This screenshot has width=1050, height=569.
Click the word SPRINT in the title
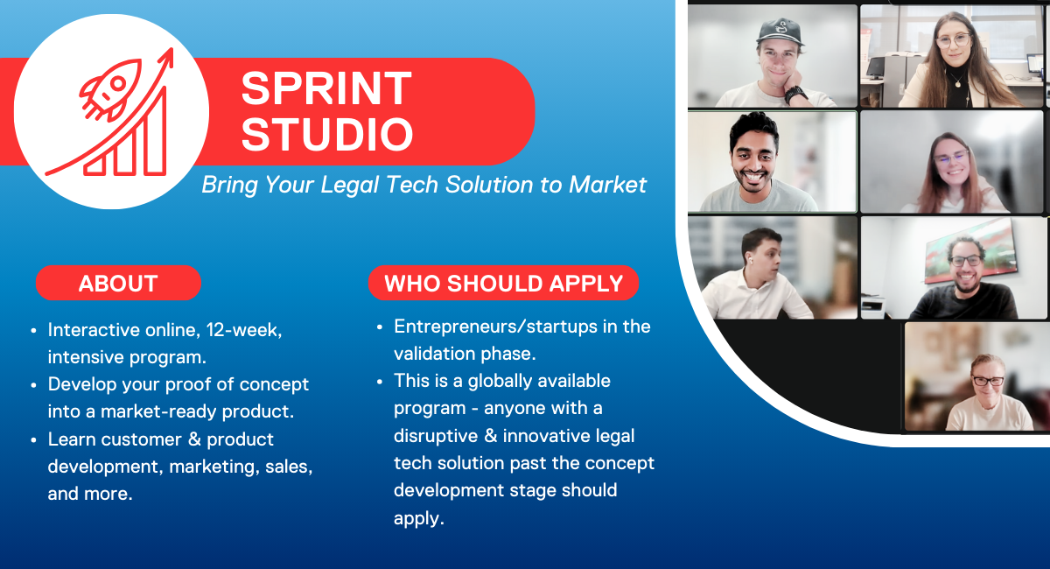coord(326,88)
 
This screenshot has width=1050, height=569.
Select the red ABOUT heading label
coord(118,284)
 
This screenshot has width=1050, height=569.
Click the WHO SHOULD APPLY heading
coord(503,284)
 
